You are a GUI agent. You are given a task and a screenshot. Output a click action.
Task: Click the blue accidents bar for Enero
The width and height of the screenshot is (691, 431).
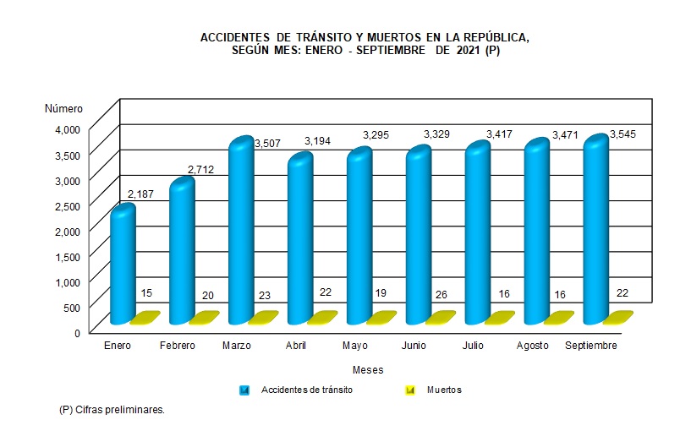[x=123, y=266]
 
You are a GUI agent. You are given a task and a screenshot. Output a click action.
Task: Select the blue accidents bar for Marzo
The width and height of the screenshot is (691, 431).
[x=241, y=232]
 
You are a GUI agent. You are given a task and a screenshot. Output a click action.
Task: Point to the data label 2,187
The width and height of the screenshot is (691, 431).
[x=141, y=195]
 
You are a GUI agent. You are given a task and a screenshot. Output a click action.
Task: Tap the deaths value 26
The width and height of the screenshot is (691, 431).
[x=441, y=293]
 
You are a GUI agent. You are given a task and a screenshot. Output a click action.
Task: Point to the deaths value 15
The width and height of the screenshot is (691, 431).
[x=146, y=293]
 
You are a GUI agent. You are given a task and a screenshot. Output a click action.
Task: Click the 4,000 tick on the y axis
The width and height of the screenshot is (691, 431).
[x=67, y=128]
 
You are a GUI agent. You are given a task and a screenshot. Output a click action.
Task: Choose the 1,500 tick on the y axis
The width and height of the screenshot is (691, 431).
[x=67, y=256]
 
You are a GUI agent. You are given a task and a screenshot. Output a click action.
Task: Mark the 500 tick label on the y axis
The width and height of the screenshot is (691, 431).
[x=71, y=307]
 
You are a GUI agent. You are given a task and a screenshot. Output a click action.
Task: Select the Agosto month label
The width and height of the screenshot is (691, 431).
[x=531, y=346]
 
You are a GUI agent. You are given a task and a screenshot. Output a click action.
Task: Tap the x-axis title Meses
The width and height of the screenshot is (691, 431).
[x=368, y=370]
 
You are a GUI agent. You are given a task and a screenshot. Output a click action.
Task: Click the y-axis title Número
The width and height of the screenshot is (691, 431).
[x=63, y=108]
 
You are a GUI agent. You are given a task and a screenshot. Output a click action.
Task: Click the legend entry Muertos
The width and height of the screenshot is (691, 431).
[x=444, y=390]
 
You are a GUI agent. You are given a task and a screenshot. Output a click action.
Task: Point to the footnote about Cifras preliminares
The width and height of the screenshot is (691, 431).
[x=112, y=409]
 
